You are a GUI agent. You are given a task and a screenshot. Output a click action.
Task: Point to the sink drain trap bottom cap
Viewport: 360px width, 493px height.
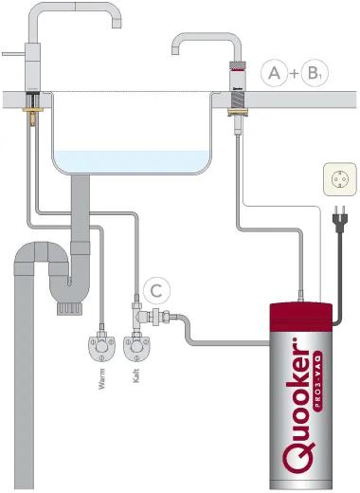[x=67, y=306]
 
